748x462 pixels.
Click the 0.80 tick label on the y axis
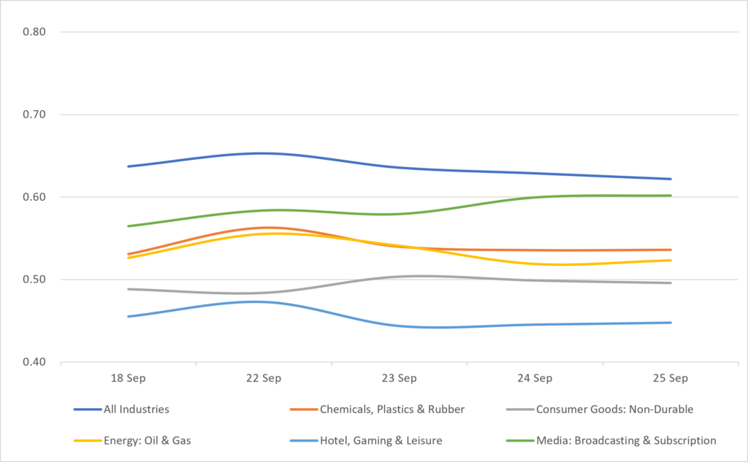[34, 32]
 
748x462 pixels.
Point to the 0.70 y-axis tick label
[34, 115]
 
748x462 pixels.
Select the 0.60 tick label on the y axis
[34, 197]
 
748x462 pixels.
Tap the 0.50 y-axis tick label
[34, 280]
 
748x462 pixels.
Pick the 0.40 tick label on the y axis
[34, 362]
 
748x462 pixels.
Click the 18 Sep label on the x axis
[129, 379]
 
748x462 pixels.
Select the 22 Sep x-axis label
[264, 379]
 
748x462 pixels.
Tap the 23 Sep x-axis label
[400, 379]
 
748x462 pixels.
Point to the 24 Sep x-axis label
[535, 379]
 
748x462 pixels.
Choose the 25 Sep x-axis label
[671, 379]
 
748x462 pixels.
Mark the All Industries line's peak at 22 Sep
[264, 153]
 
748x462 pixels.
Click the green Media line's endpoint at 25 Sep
[671, 196]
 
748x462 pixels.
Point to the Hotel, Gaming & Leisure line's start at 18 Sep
[129, 316]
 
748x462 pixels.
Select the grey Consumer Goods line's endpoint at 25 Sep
[671, 282]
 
